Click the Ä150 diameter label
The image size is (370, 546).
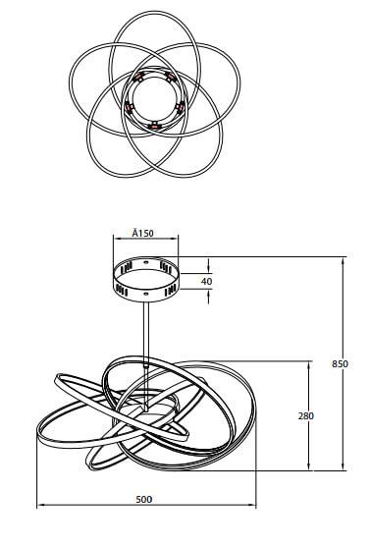pyautogui.click(x=142, y=233)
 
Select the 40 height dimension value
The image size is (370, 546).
pyautogui.click(x=206, y=281)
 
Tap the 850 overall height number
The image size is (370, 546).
pyautogui.click(x=340, y=363)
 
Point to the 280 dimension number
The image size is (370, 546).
pyautogui.click(x=306, y=415)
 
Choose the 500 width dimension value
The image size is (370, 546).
pyautogui.click(x=143, y=499)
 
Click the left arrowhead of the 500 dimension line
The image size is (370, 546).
pyautogui.click(x=40, y=504)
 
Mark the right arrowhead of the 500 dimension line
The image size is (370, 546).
pyautogui.click(x=252, y=504)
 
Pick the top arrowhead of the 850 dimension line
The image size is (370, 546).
pyautogui.click(x=344, y=261)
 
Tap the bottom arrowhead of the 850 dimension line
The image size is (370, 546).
pyautogui.click(x=344, y=465)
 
